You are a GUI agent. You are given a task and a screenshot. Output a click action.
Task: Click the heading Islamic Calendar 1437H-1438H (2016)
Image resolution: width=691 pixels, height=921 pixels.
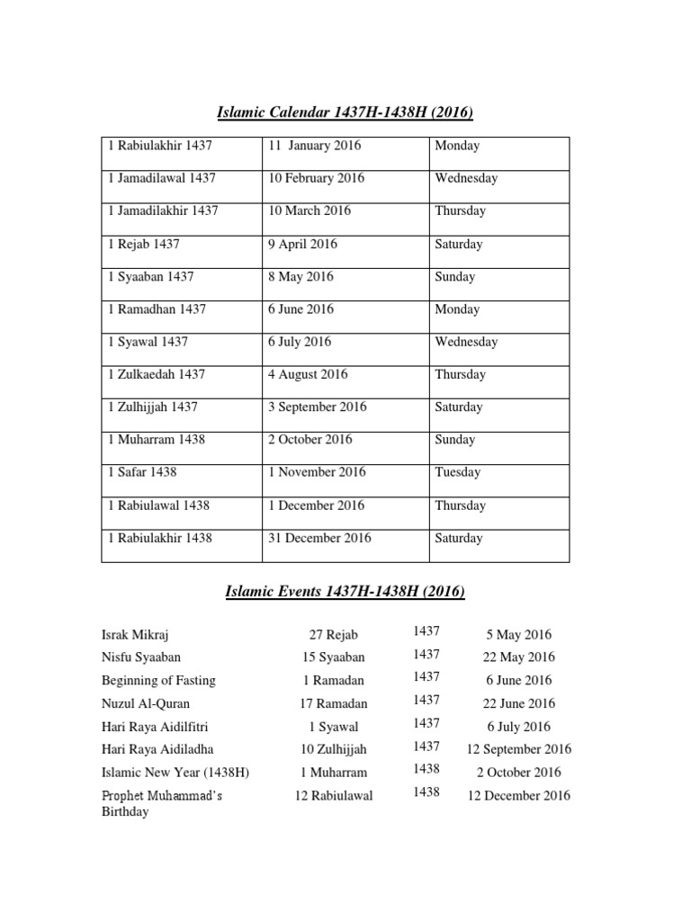point(345,112)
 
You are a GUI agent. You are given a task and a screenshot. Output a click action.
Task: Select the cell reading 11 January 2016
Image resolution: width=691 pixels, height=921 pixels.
point(310,146)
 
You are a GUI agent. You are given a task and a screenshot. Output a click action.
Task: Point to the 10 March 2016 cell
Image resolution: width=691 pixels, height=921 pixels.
point(310,210)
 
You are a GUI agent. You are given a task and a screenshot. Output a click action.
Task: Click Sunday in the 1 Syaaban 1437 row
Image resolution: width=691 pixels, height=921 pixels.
point(454,277)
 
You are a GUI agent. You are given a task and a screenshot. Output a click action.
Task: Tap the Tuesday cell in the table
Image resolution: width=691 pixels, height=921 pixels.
point(457,472)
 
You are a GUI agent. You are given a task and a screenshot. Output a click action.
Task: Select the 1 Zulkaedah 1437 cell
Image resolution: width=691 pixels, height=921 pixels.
point(157,374)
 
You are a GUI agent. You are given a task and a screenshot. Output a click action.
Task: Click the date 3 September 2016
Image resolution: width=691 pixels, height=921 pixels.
point(317,407)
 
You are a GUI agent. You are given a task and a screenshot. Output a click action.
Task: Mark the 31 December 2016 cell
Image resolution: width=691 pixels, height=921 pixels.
point(319,538)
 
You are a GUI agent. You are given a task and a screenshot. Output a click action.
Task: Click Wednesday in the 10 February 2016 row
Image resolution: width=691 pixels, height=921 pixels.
point(466,178)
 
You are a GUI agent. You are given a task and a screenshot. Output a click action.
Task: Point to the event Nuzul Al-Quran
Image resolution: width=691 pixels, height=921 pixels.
point(146,703)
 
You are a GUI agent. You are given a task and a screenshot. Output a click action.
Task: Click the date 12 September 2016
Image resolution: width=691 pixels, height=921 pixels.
point(518,749)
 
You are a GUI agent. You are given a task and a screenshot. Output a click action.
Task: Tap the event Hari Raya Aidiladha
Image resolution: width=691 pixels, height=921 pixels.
point(157,749)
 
